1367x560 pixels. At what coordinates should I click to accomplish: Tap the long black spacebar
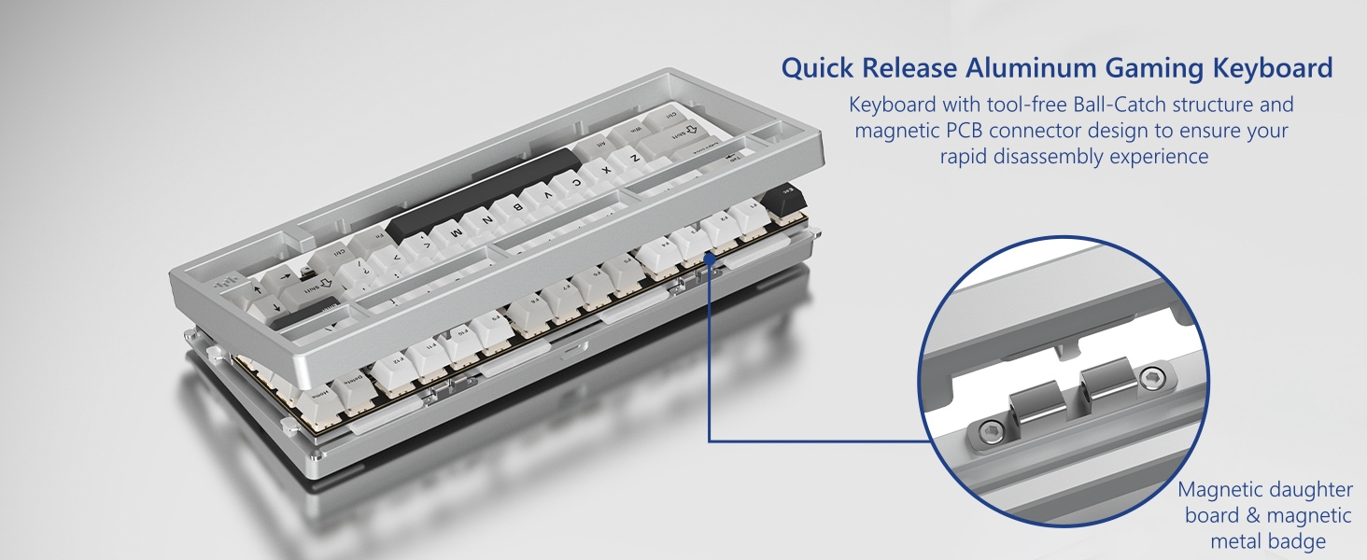(482, 190)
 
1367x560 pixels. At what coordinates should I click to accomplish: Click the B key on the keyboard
(515, 210)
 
